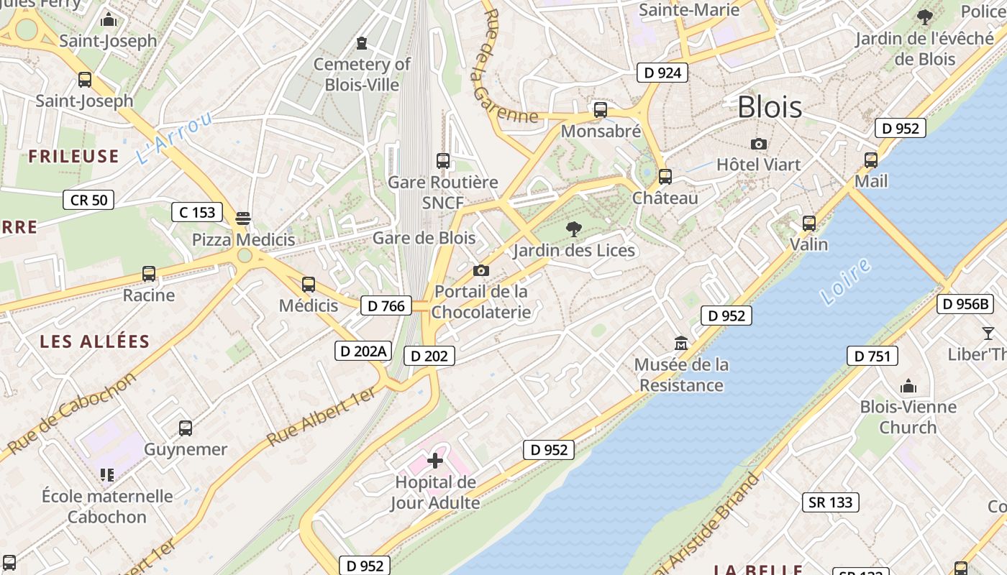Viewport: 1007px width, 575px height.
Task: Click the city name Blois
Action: coord(770,107)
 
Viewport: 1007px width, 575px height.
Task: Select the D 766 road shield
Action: coord(386,305)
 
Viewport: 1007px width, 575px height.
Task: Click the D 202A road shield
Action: coord(363,351)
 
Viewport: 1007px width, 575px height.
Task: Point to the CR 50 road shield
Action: coord(88,200)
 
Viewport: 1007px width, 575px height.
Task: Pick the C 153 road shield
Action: coord(197,212)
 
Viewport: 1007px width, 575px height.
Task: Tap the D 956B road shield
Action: coord(965,304)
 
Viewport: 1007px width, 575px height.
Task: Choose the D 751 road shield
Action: coord(872,356)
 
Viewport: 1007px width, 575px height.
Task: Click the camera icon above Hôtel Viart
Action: coord(758,144)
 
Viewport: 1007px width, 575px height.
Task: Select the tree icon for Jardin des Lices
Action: coord(573,229)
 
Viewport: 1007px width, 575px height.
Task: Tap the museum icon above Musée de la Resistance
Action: coord(680,344)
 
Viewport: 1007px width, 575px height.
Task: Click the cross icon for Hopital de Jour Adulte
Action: coord(435,460)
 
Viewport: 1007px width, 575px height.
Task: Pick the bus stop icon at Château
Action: coord(665,177)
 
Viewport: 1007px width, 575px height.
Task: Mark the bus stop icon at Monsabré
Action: coord(600,110)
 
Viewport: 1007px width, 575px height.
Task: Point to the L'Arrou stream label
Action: coord(174,137)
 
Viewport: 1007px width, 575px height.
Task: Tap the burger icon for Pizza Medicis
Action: coord(243,218)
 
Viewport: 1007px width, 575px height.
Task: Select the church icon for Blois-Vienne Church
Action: coord(908,387)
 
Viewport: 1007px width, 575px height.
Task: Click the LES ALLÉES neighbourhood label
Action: coord(94,341)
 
